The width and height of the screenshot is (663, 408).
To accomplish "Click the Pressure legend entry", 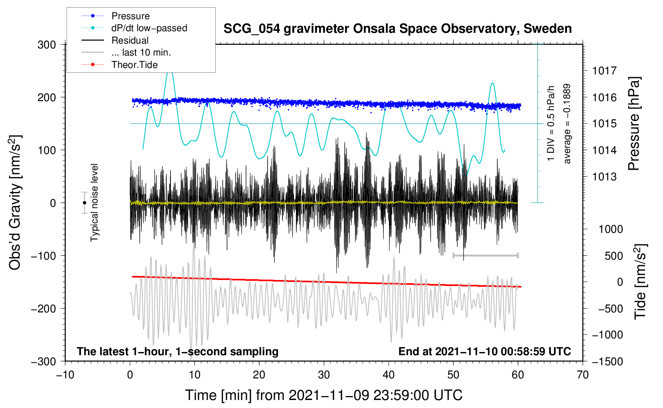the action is pos(116,16).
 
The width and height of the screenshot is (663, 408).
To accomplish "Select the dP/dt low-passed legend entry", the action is pos(134,28).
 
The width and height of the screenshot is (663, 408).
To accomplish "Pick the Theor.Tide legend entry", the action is pos(119,65).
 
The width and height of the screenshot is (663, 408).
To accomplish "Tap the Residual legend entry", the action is pos(115,40).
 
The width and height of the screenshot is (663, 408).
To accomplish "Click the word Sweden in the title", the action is pos(548,28).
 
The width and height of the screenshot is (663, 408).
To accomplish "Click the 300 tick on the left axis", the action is pos(47,45).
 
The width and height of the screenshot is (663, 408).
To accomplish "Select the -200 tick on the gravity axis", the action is pos(44,309).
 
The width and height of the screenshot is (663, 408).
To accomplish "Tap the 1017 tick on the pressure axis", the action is pos(604,71).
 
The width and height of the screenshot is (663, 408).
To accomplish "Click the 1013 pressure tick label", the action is pos(604,177).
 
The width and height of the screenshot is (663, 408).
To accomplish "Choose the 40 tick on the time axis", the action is pos(388,375).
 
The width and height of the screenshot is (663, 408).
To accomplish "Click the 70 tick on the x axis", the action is pos(582,375).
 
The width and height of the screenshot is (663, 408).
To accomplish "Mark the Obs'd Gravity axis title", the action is pos(15,202).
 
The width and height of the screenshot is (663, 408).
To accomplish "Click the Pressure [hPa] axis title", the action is pos(634,123).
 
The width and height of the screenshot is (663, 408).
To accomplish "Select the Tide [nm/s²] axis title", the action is pos(641,282).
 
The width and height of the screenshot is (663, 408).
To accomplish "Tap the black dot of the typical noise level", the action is pos(84,203).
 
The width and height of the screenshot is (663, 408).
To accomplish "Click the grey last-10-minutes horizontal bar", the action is pos(485,255).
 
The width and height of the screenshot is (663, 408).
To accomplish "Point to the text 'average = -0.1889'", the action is pos(567,124).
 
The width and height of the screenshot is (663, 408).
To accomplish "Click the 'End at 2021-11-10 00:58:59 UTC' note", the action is pos(484,351).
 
